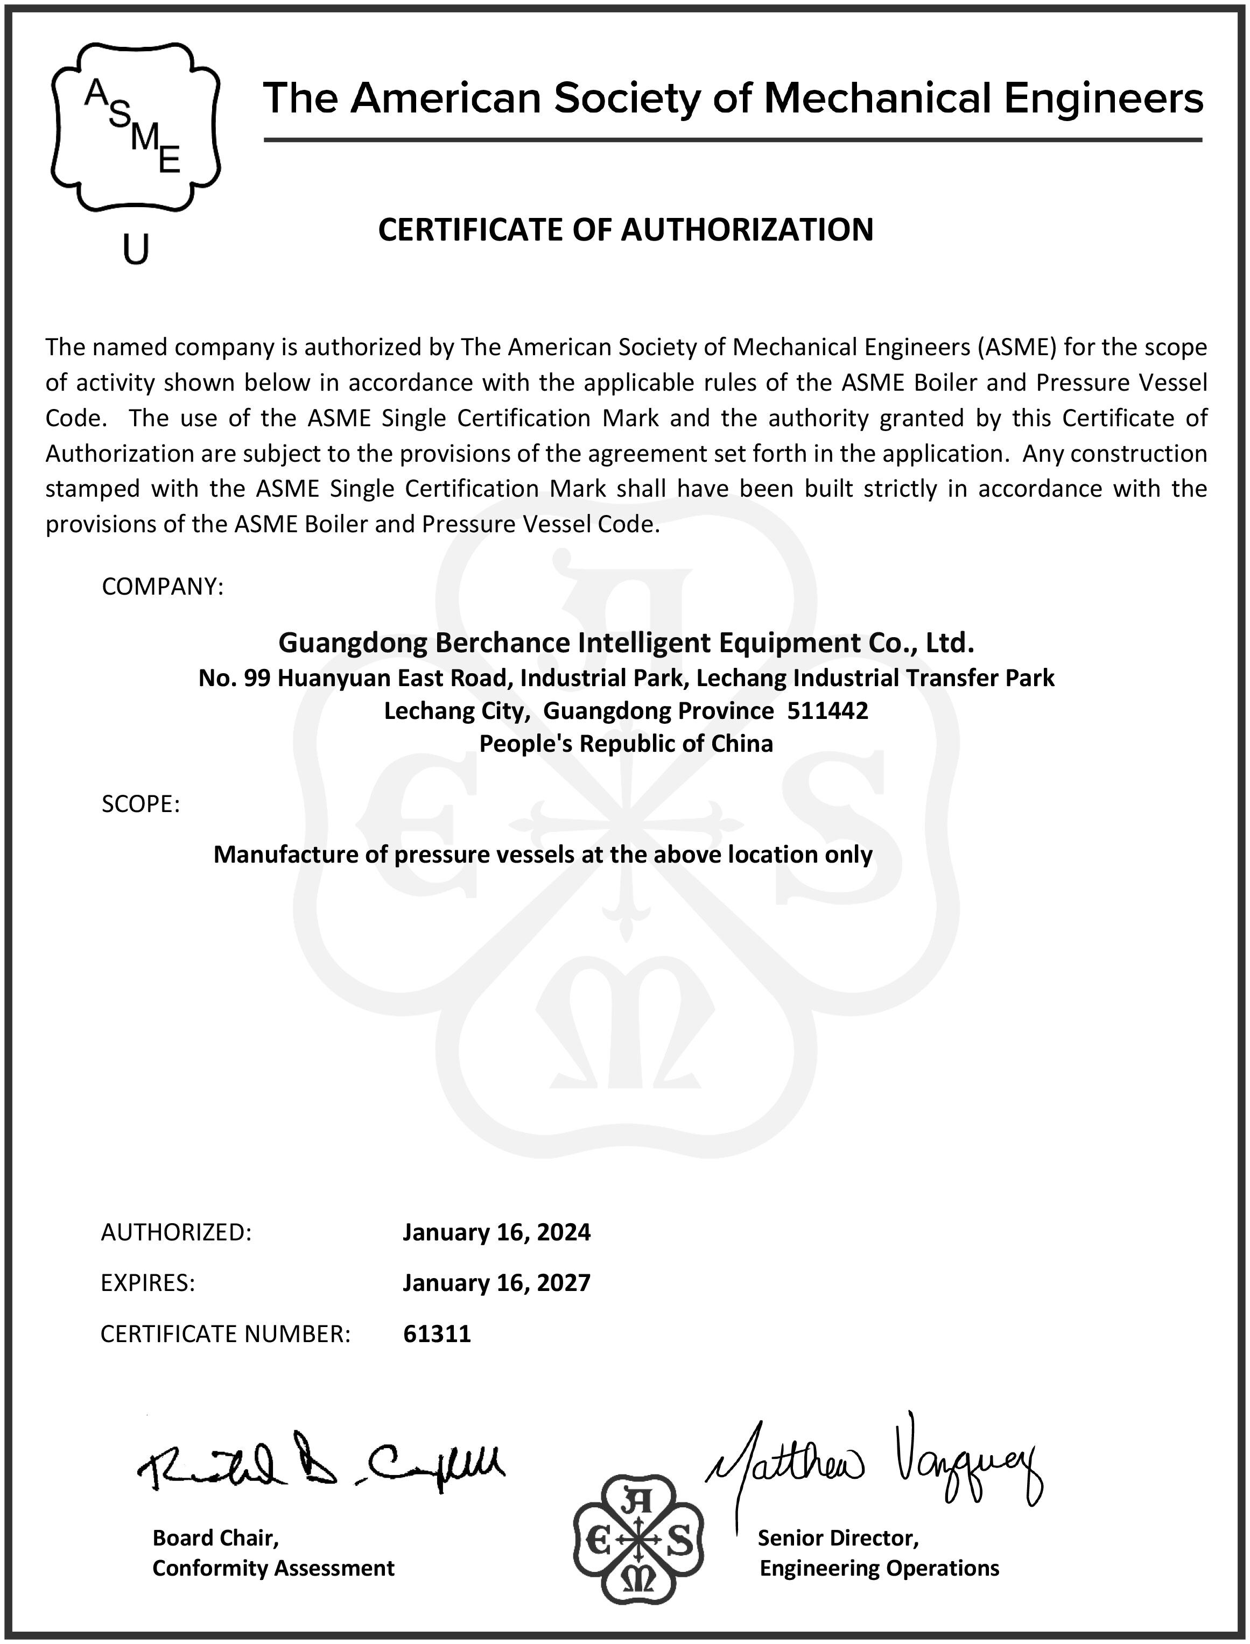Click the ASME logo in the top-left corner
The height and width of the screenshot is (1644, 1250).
click(x=136, y=126)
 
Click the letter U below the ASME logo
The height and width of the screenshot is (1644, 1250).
click(x=136, y=249)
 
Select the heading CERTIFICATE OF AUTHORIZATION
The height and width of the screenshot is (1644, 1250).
click(x=625, y=229)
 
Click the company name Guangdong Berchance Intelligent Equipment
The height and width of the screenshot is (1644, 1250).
click(x=625, y=642)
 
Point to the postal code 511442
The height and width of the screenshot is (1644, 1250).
click(x=827, y=710)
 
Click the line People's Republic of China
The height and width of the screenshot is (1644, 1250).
click(x=625, y=743)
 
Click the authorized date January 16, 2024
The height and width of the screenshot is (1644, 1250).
click(x=496, y=1232)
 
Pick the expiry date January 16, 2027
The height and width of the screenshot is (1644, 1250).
click(x=496, y=1282)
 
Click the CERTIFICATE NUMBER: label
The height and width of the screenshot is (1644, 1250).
click(x=224, y=1334)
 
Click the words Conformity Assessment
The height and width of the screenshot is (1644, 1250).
click(x=273, y=1568)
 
